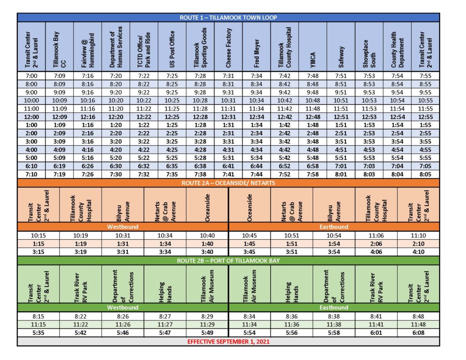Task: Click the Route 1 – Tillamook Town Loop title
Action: (228, 18)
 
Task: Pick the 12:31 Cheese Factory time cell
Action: (228, 117)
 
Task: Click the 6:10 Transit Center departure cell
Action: (31, 166)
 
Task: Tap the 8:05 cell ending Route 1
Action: (425, 174)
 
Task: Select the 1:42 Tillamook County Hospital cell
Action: (284, 125)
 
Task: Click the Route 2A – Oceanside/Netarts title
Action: (228, 183)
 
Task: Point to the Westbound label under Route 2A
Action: (122, 227)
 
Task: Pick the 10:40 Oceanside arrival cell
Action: (207, 235)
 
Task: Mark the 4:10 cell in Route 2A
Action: (418, 252)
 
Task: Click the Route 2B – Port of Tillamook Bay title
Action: (228, 260)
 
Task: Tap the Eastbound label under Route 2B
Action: (334, 308)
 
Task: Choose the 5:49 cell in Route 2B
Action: (207, 333)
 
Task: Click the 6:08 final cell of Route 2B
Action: (418, 333)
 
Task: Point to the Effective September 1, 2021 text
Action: (228, 341)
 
